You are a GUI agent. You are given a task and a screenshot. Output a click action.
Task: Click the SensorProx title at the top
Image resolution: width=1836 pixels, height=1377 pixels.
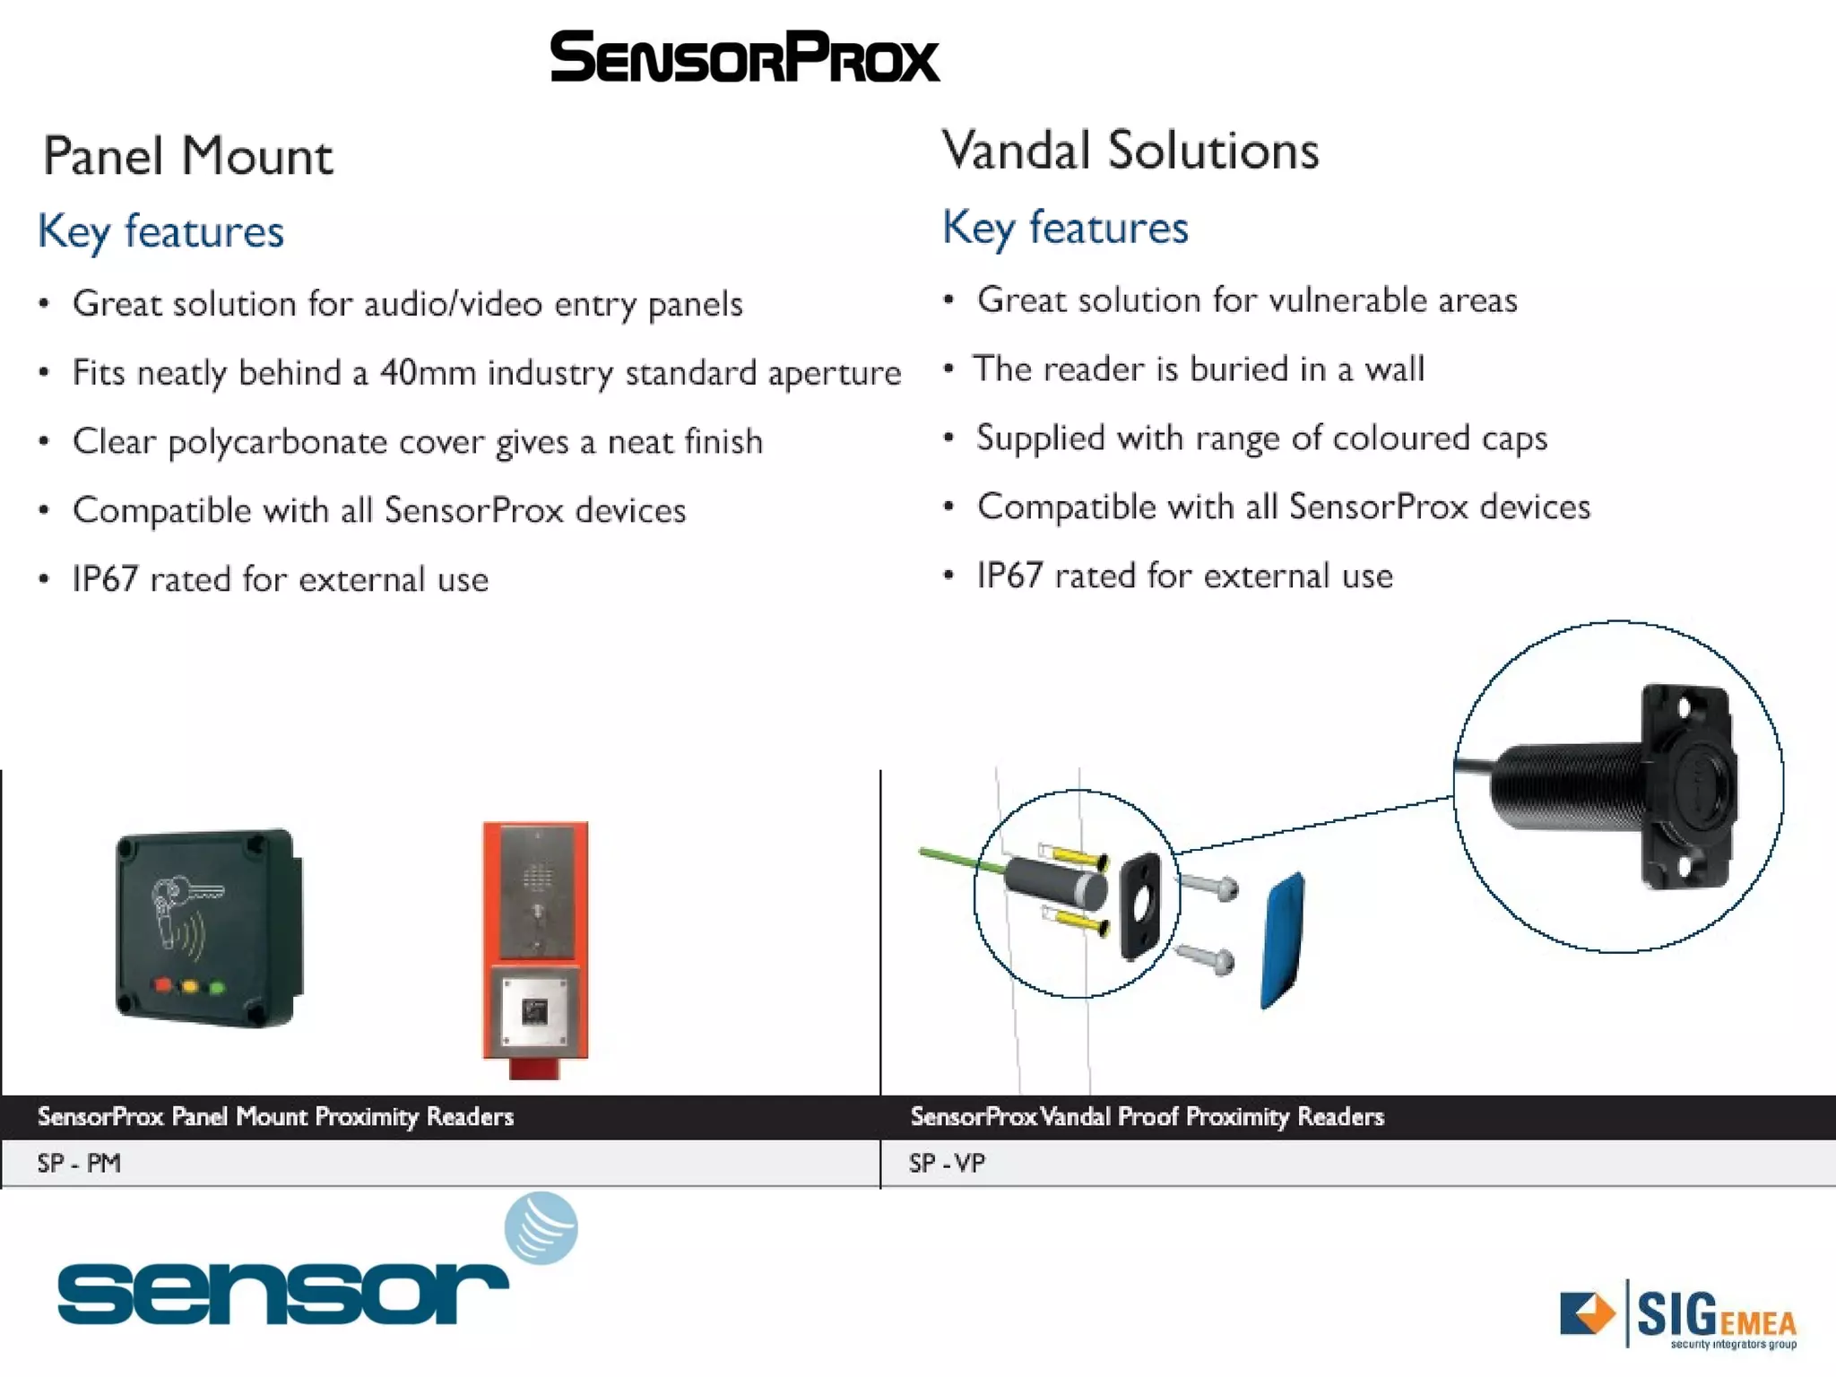pos(744,57)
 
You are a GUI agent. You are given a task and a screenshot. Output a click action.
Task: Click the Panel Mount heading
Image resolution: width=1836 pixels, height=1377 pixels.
pos(187,157)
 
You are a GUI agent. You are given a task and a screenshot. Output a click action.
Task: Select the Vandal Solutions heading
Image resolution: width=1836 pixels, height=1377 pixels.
pos(1130,151)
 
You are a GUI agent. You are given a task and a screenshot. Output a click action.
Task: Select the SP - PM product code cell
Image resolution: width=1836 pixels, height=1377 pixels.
pos(79,1164)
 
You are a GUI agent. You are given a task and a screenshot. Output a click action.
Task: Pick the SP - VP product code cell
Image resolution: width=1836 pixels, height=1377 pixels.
pos(947,1164)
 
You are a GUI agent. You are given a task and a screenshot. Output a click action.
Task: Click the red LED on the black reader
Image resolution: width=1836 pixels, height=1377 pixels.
pos(162,985)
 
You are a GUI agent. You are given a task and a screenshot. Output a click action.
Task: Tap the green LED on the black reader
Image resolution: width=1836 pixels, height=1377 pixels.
pos(217,988)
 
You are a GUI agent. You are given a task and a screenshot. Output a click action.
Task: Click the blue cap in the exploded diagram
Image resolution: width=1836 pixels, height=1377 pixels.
pos(1284,940)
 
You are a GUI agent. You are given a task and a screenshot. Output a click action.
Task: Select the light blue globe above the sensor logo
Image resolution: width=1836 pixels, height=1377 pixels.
pos(541,1227)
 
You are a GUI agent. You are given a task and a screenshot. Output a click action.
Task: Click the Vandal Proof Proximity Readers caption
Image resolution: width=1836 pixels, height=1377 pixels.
pos(1147,1117)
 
